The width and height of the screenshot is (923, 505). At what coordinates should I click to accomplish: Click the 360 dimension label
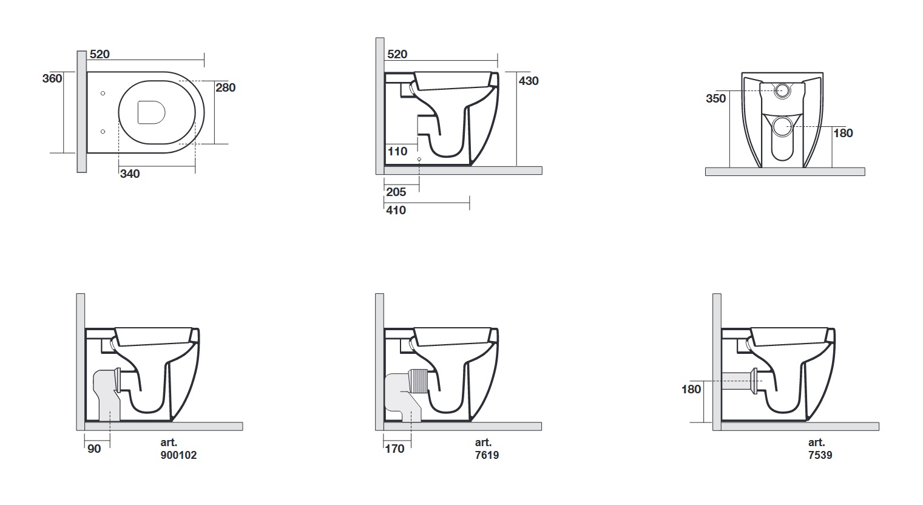52,78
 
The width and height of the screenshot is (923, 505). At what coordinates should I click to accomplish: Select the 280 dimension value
225,87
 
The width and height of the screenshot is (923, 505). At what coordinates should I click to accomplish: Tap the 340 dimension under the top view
130,174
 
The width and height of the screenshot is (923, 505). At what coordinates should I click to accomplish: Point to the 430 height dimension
529,81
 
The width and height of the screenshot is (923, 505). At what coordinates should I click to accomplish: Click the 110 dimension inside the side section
397,151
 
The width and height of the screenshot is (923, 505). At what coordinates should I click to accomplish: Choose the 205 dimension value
396,192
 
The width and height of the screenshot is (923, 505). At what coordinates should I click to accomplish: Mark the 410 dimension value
396,210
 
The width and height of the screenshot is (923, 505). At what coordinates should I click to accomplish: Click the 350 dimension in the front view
715,98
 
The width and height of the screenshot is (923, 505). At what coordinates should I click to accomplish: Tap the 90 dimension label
94,449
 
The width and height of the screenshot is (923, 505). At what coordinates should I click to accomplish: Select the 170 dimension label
394,449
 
